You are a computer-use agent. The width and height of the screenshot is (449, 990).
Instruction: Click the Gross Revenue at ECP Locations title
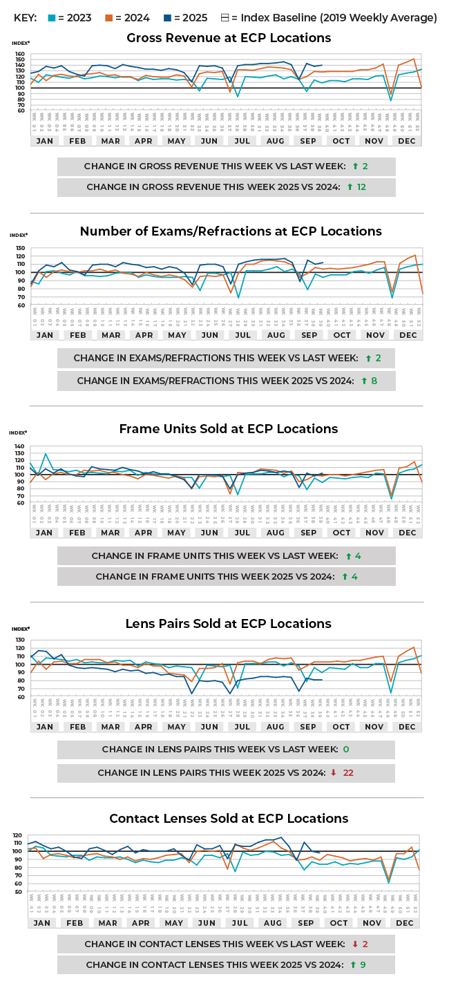point(229,38)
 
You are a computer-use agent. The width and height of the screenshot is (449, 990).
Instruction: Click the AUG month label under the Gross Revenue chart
point(275,140)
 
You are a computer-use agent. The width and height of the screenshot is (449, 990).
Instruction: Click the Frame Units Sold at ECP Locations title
point(229,429)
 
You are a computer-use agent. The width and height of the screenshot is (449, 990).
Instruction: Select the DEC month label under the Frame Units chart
point(408,533)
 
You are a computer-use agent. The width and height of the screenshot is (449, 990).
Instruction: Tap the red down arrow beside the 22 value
point(334,773)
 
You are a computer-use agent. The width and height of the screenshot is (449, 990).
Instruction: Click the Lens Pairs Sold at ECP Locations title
point(229,624)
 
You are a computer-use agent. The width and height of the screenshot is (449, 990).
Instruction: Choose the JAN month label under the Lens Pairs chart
point(44,727)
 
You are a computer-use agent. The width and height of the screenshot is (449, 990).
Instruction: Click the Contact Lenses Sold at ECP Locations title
point(229,819)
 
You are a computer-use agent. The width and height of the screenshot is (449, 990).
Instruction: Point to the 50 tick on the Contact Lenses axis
point(19,892)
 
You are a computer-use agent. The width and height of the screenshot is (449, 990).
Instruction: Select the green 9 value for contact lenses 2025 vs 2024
point(363,964)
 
